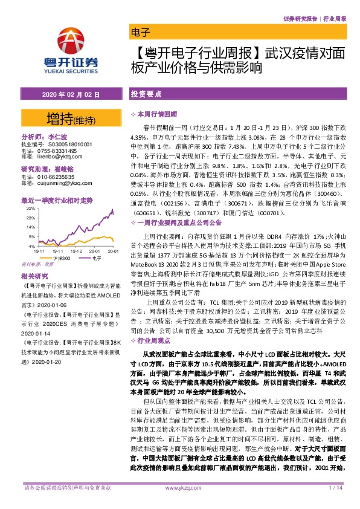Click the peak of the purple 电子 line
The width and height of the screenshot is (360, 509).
point(112,210)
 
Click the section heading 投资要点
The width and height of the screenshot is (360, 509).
point(146,96)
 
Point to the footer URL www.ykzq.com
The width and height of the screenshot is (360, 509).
point(180,504)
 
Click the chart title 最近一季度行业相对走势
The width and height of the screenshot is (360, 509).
point(57,199)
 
